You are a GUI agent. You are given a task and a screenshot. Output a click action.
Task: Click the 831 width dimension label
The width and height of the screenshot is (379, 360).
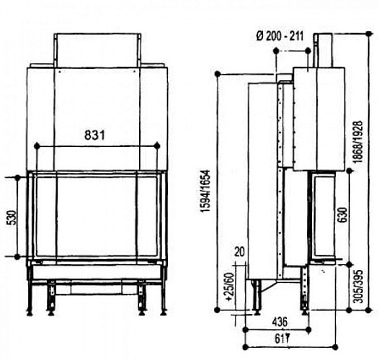click(96, 135)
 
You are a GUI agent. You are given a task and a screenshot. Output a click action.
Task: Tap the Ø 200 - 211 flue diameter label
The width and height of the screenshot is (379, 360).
click(279, 37)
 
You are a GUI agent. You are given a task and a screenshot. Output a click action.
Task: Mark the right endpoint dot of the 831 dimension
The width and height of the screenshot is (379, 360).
click(157, 146)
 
